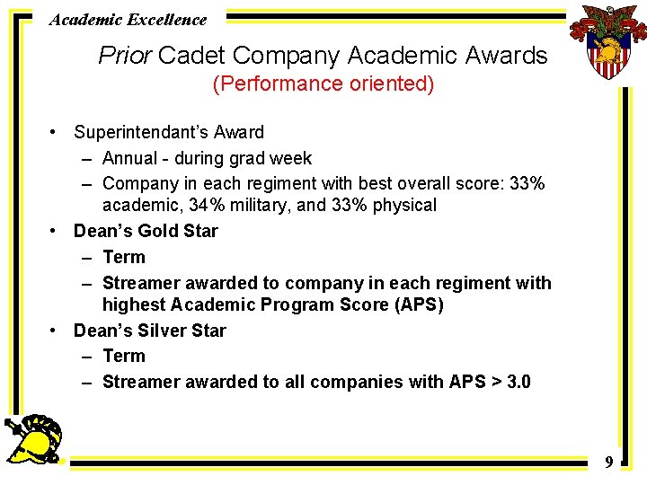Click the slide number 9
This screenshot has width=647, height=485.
click(x=608, y=463)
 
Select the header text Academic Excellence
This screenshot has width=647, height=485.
click(x=128, y=19)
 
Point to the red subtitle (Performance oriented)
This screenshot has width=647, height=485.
click(x=323, y=84)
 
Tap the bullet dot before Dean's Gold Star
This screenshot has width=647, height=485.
click(x=55, y=231)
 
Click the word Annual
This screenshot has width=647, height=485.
click(x=131, y=159)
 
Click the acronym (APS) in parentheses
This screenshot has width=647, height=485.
click(x=415, y=304)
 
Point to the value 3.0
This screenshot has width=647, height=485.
click(x=518, y=382)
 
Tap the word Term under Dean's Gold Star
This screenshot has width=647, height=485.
click(x=123, y=258)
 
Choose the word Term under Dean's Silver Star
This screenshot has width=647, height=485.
click(x=123, y=357)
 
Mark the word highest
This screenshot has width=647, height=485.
click(x=134, y=304)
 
